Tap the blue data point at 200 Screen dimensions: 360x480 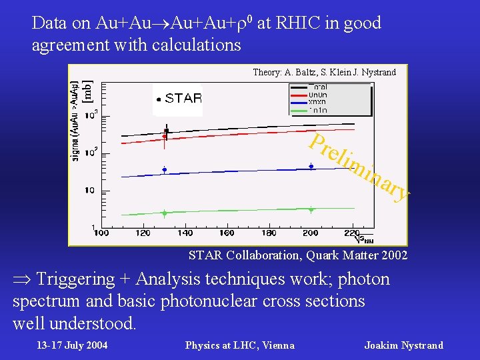(x=311, y=167)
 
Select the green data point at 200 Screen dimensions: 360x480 (x=311, y=209)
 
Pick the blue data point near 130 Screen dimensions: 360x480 (x=164, y=170)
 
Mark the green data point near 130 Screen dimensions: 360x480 (x=164, y=213)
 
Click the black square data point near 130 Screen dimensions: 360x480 (x=166, y=131)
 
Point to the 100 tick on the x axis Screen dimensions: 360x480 (x=101, y=233)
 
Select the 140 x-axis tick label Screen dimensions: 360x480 (x=185, y=233)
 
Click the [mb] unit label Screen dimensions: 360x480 (x=87, y=92)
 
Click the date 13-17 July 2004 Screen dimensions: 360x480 (x=72, y=345)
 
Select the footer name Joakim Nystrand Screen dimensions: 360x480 (x=403, y=345)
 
